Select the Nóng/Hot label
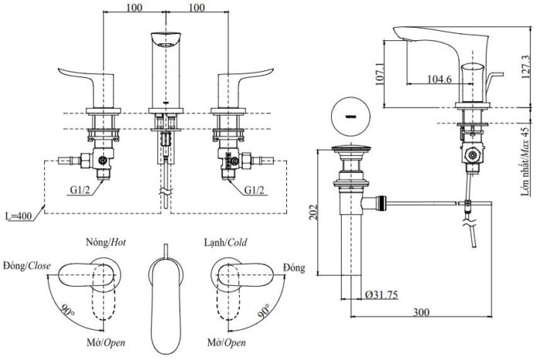[105, 241]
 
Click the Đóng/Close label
[27, 266]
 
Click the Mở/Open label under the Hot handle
[105, 341]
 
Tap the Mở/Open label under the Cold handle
[227, 341]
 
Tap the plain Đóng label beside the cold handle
[294, 267]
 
